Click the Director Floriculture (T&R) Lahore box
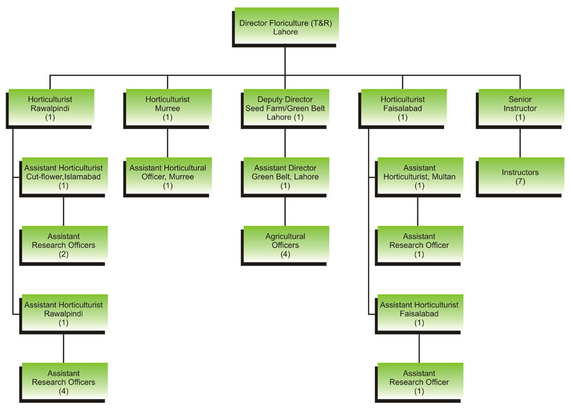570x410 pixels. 286,27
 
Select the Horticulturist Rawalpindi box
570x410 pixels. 50,108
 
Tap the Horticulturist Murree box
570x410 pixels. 168,108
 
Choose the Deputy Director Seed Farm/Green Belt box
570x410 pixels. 286,108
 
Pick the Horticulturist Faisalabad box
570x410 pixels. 403,108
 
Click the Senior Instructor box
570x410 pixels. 521,108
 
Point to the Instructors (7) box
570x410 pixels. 521,177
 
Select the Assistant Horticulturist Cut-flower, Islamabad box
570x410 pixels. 63,177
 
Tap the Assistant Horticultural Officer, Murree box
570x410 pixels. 168,177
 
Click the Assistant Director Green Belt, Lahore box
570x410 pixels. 286,177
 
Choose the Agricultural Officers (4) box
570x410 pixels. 286,245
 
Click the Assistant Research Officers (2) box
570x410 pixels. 63,245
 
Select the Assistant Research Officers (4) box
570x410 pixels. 63,382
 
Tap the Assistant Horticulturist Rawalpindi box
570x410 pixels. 63,313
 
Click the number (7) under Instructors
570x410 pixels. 521,182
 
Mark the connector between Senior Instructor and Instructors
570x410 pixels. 521,143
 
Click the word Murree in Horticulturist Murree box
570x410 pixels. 168,108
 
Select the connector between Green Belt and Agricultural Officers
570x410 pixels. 286,211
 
